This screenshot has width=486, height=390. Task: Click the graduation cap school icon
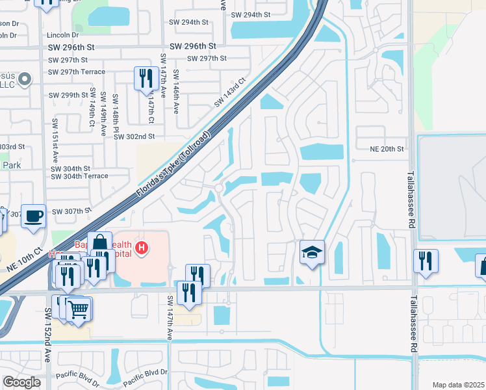312,252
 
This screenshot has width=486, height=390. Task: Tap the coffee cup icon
33,216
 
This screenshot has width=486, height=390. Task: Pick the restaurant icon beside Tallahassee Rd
426,261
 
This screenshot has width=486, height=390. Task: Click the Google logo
21,382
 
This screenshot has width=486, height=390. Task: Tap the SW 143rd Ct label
230,94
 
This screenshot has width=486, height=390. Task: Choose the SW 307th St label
70,211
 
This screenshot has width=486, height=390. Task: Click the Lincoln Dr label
62,34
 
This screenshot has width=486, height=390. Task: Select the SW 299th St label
69,95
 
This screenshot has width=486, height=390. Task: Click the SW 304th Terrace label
79,176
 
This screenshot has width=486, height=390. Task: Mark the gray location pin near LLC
25,80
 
